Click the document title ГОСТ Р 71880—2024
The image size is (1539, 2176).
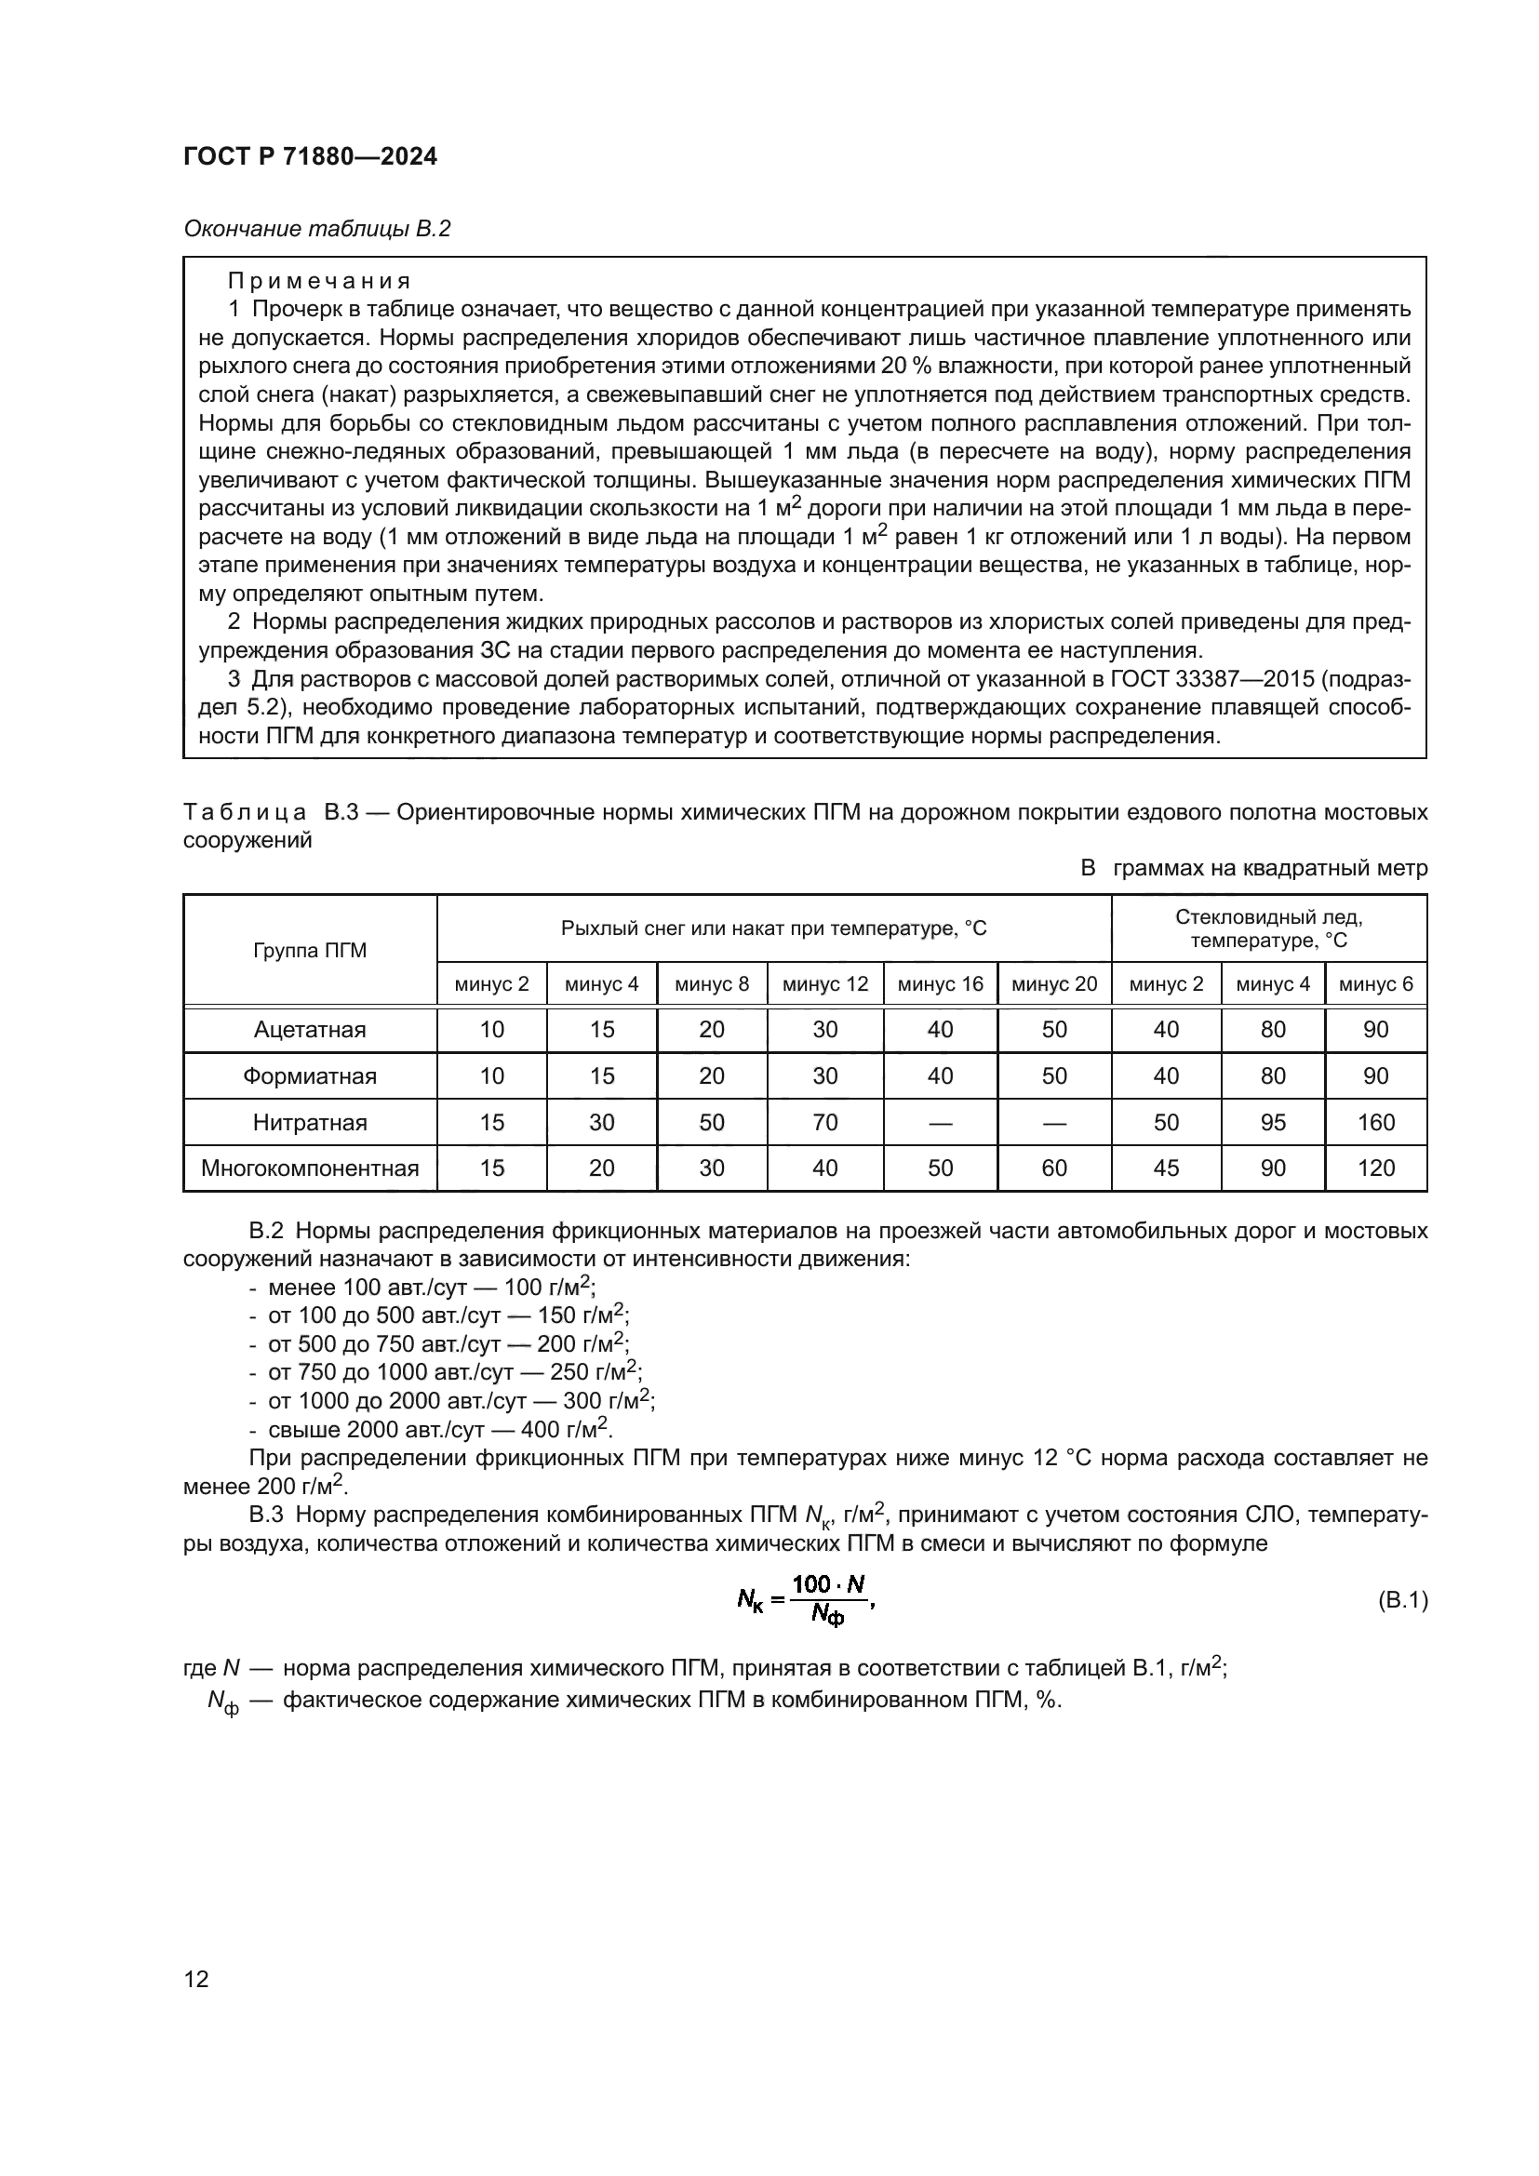coord(310,157)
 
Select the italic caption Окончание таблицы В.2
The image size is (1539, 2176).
coord(316,229)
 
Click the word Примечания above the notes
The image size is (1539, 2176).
coord(318,282)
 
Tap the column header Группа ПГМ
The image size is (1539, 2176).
coord(310,951)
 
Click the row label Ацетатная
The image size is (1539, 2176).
coord(310,1030)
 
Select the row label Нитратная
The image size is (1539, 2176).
coord(310,1123)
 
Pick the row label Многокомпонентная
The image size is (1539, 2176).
coord(310,1168)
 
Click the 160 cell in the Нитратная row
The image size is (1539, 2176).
coord(1375,1123)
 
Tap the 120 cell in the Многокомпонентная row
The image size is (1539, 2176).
coord(1375,1168)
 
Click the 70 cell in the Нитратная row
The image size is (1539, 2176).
coord(824,1123)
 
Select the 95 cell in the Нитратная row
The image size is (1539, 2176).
coord(1273,1123)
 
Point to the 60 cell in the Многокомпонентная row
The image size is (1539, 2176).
coord(1054,1168)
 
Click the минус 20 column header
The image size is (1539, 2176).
coord(1054,984)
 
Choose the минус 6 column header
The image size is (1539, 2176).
coord(1375,984)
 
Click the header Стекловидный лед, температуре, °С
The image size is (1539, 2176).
coord(1269,928)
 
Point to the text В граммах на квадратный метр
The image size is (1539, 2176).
coord(1253,868)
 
